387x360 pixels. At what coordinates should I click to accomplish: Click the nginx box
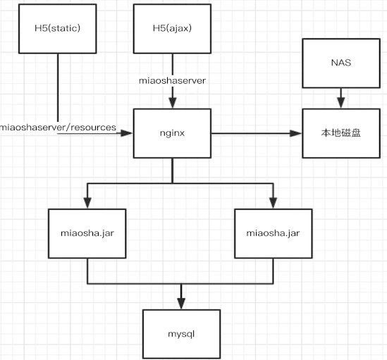[172, 132]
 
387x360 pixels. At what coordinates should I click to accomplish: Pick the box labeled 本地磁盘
[340, 132]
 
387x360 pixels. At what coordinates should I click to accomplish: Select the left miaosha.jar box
[86, 234]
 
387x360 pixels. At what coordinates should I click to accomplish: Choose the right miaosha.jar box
[273, 234]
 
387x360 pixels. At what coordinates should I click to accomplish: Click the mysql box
[182, 332]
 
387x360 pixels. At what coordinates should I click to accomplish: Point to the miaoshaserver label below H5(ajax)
[172, 81]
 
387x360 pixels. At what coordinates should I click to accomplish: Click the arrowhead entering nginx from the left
[130, 132]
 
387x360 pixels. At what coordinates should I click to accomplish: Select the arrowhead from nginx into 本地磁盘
[298, 132]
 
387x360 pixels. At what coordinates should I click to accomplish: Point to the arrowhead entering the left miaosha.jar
[86, 204]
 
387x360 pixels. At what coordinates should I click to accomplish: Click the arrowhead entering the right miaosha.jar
[274, 204]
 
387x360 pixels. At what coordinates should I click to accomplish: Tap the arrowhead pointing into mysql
[182, 304]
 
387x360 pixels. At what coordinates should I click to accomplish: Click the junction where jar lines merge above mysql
[182, 284]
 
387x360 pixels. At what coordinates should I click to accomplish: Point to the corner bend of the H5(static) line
[56, 132]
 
